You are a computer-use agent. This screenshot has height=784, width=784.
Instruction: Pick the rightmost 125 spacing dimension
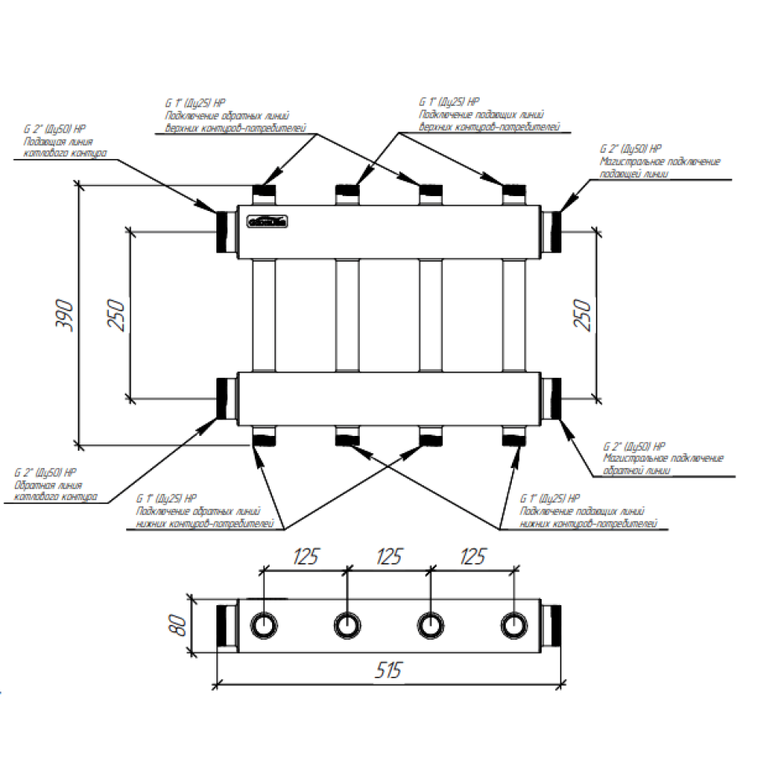pyautogui.click(x=471, y=557)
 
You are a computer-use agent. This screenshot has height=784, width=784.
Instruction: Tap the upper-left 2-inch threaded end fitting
pyautogui.click(x=227, y=230)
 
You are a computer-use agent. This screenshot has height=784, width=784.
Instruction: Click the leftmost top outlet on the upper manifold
pyautogui.click(x=264, y=193)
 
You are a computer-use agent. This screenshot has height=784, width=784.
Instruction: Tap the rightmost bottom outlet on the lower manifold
pyautogui.click(x=514, y=436)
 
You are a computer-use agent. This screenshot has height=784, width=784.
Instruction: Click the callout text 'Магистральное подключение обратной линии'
pyautogui.click(x=663, y=465)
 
